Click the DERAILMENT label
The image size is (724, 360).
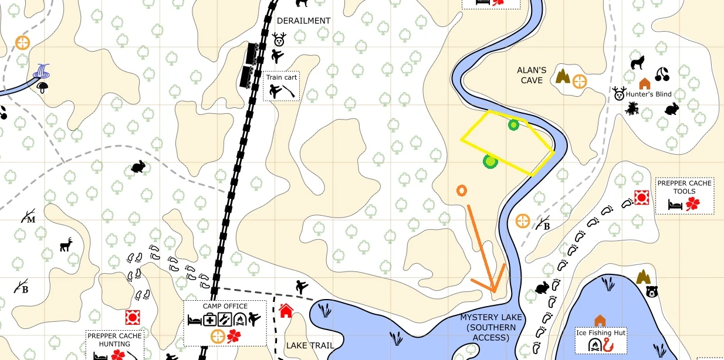[x=303, y=21]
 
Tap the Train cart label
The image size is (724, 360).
[x=282, y=77]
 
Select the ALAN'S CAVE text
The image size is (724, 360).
[x=532, y=75]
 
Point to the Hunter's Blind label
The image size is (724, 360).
[x=648, y=94]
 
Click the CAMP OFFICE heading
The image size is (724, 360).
[x=225, y=306]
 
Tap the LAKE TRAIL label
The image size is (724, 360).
[x=306, y=345]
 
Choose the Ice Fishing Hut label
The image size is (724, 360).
[x=601, y=333]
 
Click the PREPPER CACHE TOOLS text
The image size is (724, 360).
[x=684, y=187]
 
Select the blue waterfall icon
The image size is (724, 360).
[x=42, y=72]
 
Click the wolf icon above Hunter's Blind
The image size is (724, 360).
[x=637, y=62]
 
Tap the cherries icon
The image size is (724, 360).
[x=662, y=74]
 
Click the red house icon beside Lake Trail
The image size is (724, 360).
[x=286, y=310]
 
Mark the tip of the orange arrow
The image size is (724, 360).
[x=495, y=291]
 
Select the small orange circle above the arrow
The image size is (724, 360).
[x=462, y=191]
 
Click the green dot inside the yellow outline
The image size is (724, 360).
[x=513, y=124]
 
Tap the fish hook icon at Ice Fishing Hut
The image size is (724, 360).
[x=607, y=346]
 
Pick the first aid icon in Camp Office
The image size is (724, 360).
[x=209, y=320]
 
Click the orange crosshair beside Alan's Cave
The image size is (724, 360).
[x=579, y=81]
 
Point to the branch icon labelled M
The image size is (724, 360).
[x=28, y=218]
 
